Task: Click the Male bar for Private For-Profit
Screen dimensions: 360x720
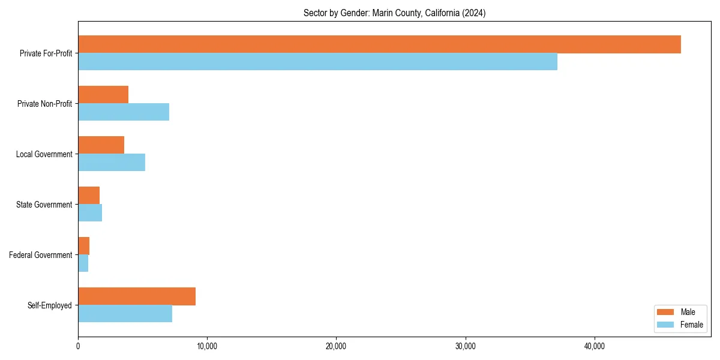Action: [379, 44]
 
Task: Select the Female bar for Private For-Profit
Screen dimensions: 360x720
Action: [317, 62]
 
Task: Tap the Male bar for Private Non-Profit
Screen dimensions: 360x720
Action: [103, 95]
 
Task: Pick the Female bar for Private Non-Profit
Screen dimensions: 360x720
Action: [124, 112]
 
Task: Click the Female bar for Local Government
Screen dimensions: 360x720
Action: [112, 163]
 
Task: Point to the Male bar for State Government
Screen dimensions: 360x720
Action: [89, 196]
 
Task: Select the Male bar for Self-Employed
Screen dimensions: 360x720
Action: [137, 296]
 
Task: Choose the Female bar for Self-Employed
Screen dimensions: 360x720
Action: [125, 314]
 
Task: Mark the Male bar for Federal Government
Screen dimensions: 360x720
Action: [83, 246]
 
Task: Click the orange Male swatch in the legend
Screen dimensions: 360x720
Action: [666, 312]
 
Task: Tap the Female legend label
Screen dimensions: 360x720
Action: [692, 325]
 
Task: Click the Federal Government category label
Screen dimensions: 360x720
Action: [41, 255]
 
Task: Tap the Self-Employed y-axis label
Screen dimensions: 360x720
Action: [50, 305]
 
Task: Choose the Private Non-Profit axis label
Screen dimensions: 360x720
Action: [44, 104]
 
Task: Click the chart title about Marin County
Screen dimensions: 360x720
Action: [394, 13]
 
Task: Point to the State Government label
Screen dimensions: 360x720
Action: [44, 205]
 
